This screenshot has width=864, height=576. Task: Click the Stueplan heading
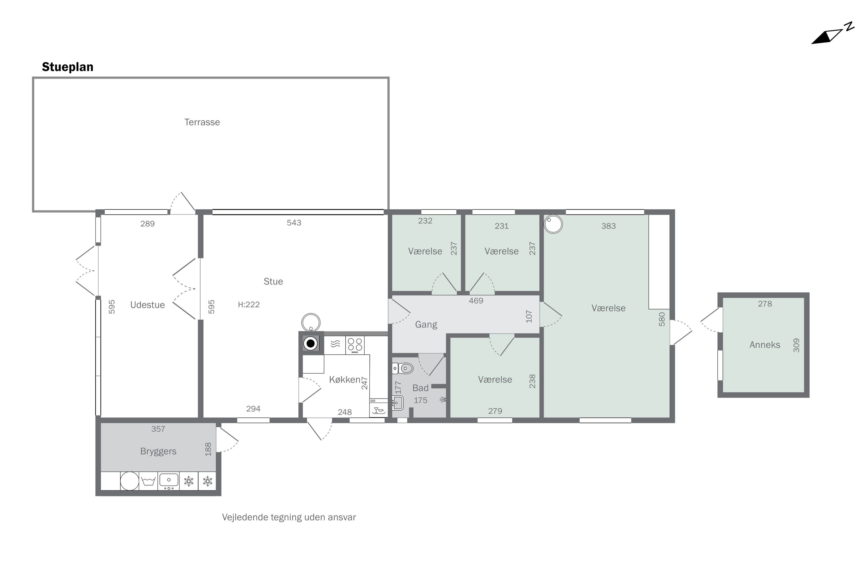(x=68, y=67)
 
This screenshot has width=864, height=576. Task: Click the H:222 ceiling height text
(x=249, y=304)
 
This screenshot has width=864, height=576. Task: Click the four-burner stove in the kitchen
(x=355, y=345)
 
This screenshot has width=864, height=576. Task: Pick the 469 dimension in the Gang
(x=476, y=301)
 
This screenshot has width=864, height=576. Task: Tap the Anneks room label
(x=765, y=344)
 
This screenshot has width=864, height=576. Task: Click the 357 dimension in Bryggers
(x=158, y=429)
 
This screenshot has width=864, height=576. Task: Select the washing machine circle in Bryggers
(x=130, y=481)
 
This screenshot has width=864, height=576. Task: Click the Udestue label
(x=147, y=305)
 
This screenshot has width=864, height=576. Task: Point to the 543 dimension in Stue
(x=294, y=223)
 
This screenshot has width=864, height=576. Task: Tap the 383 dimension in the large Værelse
(x=608, y=226)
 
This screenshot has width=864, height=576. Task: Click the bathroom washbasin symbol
(x=397, y=403)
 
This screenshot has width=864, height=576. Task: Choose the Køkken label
(x=344, y=380)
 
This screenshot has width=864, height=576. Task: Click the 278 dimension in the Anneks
(x=765, y=304)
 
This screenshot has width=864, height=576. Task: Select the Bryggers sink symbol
(x=168, y=481)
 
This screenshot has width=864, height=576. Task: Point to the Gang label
(x=426, y=325)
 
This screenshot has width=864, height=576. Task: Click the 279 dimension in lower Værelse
(x=495, y=411)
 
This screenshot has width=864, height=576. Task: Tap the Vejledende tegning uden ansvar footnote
(x=289, y=517)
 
